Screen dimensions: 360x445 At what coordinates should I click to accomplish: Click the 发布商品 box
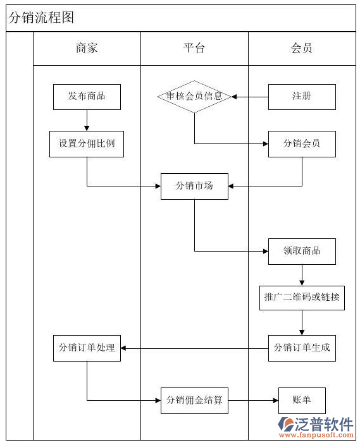tap(87, 97)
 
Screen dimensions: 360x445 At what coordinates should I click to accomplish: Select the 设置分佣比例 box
tap(87, 144)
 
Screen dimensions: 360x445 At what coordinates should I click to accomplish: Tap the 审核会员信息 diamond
tap(194, 97)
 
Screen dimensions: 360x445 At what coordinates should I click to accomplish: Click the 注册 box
tap(302, 97)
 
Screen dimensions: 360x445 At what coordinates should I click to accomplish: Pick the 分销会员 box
tap(302, 144)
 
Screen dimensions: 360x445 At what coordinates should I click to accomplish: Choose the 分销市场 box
tap(194, 186)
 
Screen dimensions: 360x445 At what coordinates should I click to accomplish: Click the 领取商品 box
tap(302, 252)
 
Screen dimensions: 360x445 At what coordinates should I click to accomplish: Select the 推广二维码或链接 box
tap(302, 298)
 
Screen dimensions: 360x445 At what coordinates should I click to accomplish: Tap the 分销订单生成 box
tap(302, 348)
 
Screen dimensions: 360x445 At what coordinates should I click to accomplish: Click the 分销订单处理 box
tap(87, 348)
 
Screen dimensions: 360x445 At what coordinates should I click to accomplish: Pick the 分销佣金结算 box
tap(194, 401)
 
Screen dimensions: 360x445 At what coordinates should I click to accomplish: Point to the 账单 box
tap(302, 401)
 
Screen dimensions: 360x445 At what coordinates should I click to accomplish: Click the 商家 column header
tap(87, 48)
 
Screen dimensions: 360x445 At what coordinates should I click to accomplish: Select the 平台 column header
tap(194, 48)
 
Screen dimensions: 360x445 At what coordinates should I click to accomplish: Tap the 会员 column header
tap(302, 48)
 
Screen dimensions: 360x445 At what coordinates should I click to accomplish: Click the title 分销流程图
tap(42, 18)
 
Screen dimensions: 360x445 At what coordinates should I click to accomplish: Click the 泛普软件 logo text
tap(324, 424)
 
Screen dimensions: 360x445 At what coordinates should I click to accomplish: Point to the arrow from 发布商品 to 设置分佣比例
tap(87, 120)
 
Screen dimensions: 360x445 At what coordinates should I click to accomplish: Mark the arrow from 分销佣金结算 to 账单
tap(253, 401)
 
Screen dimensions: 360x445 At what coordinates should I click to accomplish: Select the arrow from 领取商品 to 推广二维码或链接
tap(302, 275)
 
